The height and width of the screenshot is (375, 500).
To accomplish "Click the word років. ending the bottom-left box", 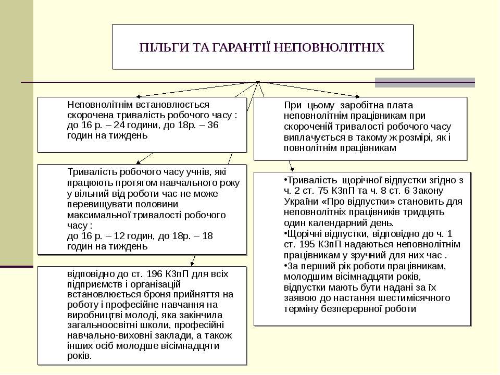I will coord(80,356).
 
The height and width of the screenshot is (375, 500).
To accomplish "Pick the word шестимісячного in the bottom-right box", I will coord(417,298).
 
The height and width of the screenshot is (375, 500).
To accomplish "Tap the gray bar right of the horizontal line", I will coord(425,82).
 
